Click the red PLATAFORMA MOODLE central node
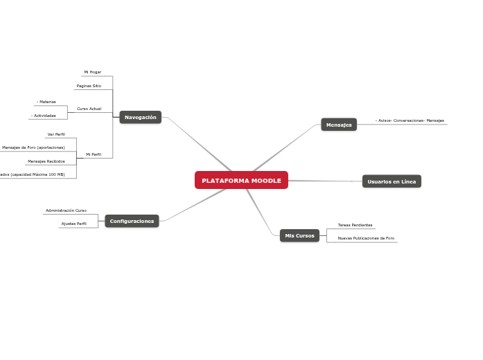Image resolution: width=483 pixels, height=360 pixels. [241, 181]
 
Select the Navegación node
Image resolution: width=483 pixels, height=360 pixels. [140, 117]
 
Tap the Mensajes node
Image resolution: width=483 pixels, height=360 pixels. [339, 125]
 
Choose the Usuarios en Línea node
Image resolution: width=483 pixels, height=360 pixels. [392, 181]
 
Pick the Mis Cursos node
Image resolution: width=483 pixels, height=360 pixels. [299, 235]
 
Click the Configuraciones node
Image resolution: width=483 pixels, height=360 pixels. [132, 221]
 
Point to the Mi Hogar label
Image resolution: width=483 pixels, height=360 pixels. [93, 72]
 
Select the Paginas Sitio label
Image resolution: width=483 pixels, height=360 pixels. [89, 86]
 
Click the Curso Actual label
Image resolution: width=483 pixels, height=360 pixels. [89, 109]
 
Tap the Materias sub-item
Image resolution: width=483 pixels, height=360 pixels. [46, 102]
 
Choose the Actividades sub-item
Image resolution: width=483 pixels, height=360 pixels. [44, 116]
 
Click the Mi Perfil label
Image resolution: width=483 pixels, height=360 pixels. [94, 154]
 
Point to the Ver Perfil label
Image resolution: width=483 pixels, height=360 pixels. [56, 134]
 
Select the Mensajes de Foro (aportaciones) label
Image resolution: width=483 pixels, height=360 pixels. [33, 147]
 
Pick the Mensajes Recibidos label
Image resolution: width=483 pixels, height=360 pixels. [46, 161]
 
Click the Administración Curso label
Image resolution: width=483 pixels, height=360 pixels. [66, 210]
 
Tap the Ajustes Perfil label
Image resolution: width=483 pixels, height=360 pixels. [74, 224]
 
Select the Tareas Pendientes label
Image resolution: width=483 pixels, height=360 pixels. [355, 225]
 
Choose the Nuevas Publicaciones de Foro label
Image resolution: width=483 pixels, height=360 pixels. [366, 238]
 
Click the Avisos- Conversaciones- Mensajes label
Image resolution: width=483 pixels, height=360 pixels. [410, 120]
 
